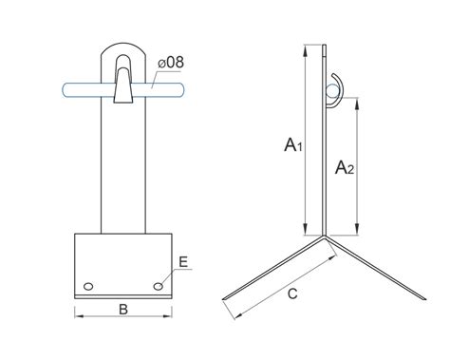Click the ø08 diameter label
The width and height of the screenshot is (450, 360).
(171, 63)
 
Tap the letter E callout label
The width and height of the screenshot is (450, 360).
(183, 262)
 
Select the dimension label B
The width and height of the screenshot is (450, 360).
(123, 310)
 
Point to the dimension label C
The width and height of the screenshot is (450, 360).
(292, 294)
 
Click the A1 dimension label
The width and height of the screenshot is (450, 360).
(293, 144)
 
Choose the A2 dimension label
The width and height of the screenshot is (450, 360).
(345, 167)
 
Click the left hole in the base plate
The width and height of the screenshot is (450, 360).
(88, 286)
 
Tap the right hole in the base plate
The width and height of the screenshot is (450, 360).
(159, 286)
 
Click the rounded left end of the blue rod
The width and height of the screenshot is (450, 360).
(65, 90)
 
